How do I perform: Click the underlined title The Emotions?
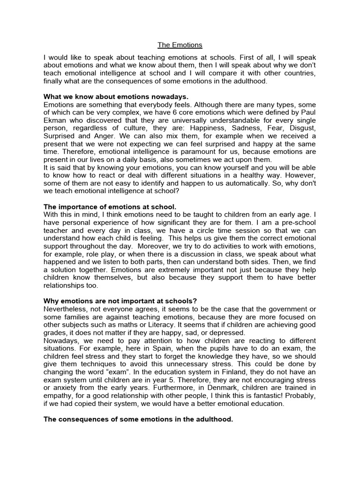coord(180,45)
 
